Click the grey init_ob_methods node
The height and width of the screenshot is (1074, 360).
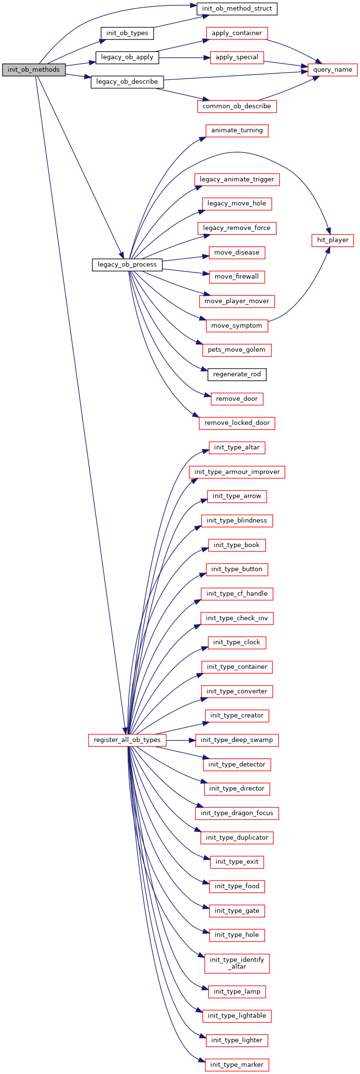coord(34,70)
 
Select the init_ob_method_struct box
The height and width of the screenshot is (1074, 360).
coord(237,9)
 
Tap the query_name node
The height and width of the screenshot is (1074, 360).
coord(333,70)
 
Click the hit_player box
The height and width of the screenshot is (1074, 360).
coord(333,240)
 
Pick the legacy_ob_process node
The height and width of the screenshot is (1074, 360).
coord(127,265)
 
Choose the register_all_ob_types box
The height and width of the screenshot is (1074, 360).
coord(127,740)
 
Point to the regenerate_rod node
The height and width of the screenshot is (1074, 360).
coord(237,374)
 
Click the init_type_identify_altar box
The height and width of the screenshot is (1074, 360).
coord(237,963)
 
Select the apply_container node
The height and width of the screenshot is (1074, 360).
coord(237,33)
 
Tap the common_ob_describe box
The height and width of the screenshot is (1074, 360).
coord(237,106)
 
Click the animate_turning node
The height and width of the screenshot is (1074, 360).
coord(237,130)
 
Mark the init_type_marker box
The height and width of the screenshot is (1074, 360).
coord(237,1065)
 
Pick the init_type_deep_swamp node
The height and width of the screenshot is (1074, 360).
coord(237,740)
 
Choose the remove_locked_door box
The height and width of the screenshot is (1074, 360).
coord(237,423)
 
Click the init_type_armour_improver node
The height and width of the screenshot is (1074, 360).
coord(237,472)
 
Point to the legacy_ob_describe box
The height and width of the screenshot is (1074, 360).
coord(127,82)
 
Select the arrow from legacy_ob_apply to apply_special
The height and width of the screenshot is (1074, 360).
coord(184,58)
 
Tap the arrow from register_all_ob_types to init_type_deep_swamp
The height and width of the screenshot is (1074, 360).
coord(180,740)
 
